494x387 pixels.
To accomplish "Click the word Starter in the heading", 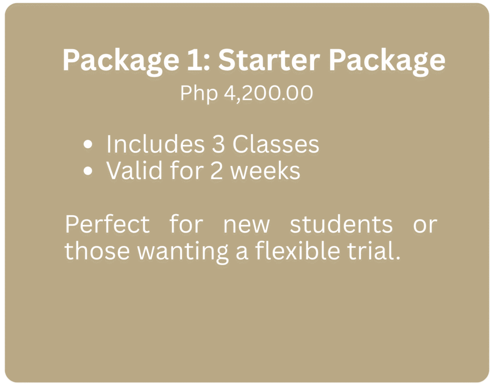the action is point(269,60).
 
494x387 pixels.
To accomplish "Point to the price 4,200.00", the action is point(268,93).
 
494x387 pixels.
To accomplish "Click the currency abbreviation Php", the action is point(199,94).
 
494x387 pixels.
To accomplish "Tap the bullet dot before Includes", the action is point(88,144).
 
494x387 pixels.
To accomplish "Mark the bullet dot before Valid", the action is point(88,171).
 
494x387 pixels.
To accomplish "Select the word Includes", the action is point(156,144).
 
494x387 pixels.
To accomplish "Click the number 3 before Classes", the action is point(219,144).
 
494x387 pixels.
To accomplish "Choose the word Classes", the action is point(275,144).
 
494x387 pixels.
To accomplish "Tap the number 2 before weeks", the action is point(217,171).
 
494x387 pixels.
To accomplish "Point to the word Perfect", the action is point(107,224).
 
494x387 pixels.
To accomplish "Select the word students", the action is point(341,224).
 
